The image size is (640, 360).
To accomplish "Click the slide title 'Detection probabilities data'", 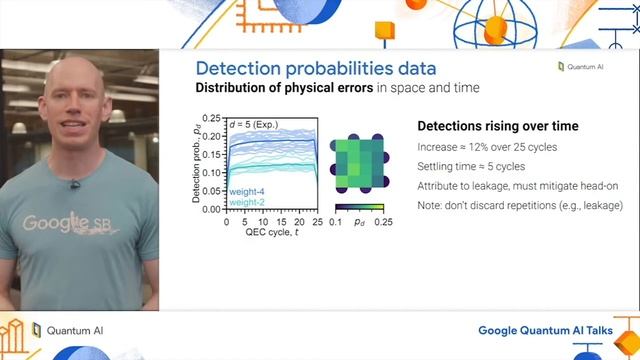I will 315,69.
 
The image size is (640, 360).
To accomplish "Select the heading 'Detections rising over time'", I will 496,127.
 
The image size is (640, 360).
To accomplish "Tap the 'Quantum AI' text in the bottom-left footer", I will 75,330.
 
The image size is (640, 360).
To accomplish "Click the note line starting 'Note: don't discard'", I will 519,205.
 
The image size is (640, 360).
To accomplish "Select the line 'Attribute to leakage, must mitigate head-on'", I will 515,186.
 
